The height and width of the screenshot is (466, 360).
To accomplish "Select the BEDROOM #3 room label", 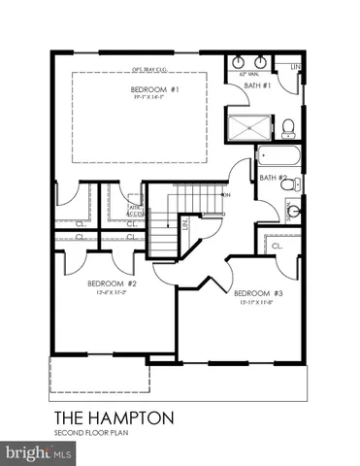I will pos(258,292).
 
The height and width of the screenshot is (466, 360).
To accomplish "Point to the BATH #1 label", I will pos(257,85).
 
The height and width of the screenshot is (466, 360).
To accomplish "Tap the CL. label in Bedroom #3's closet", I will pos(277,247).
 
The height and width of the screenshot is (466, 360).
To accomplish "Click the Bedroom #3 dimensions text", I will pos(258,302).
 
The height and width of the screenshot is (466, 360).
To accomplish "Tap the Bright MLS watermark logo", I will pos(39,452).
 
